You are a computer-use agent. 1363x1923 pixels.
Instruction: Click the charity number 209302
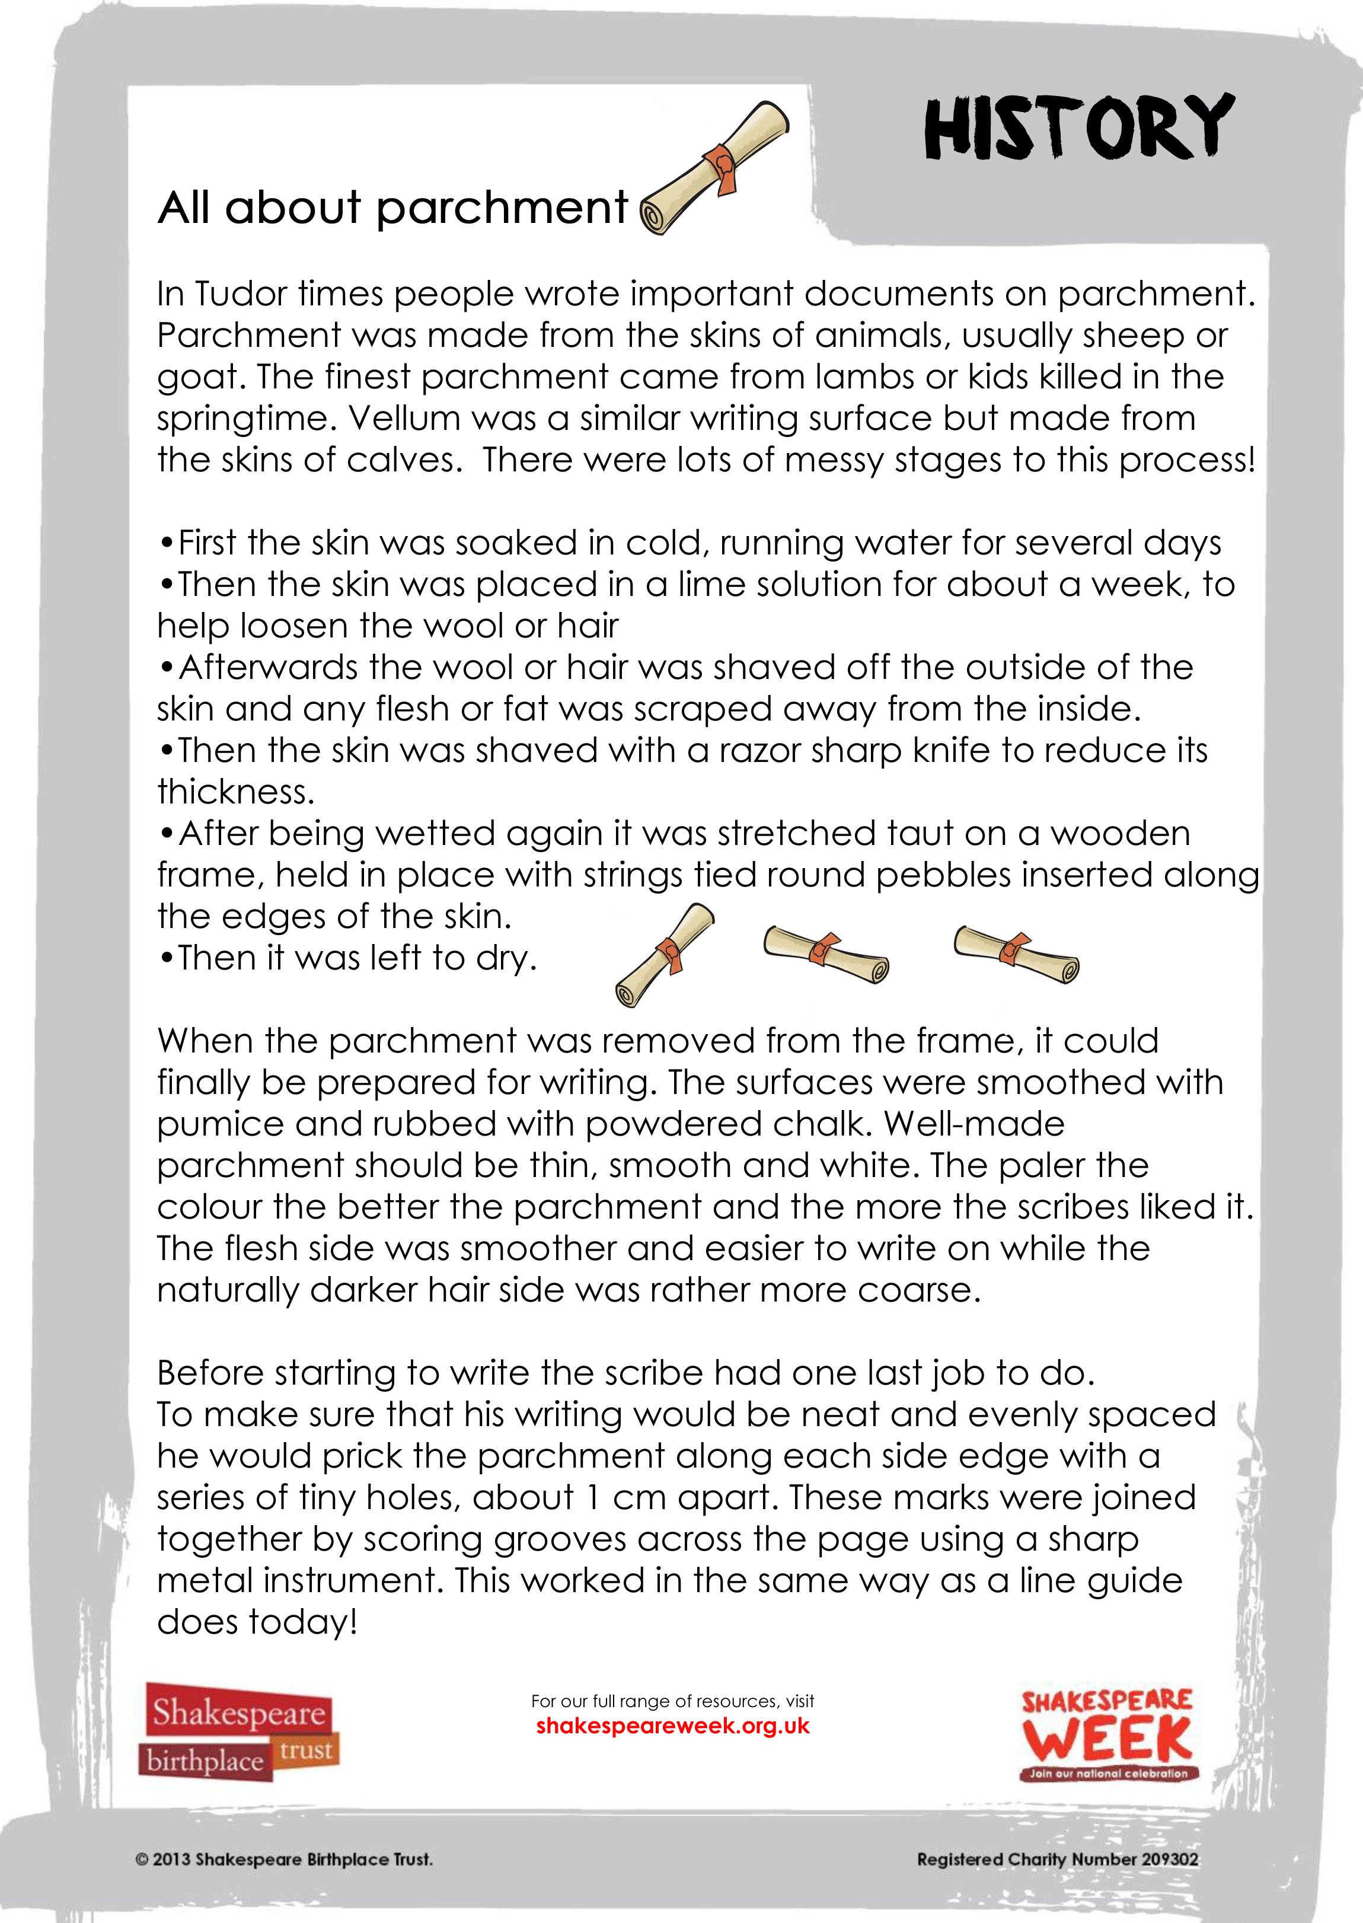[x=1167, y=1859]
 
